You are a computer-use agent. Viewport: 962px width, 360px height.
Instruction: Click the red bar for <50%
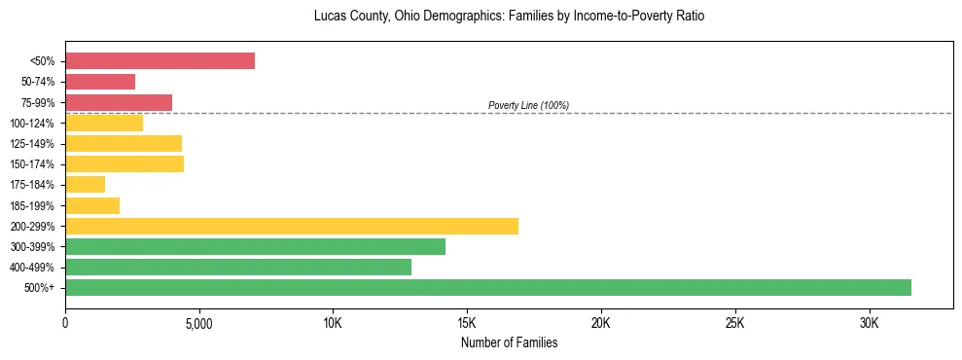click(160, 61)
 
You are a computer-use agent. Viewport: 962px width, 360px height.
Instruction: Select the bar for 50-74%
click(100, 82)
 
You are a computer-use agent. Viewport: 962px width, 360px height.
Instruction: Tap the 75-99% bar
click(119, 102)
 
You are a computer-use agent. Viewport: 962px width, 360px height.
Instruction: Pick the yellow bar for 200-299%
click(292, 227)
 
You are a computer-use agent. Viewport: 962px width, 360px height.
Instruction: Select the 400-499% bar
click(238, 268)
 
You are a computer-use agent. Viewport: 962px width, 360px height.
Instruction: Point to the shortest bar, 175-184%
click(85, 185)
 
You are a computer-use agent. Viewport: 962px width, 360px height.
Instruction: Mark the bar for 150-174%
click(125, 164)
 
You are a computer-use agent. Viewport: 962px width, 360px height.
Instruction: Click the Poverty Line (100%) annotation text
click(528, 105)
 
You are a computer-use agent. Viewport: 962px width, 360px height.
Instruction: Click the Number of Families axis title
click(509, 342)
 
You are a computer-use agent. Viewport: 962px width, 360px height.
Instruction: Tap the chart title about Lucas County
click(509, 17)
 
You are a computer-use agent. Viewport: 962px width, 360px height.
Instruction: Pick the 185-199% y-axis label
click(35, 206)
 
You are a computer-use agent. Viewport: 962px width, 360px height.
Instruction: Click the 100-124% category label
click(35, 124)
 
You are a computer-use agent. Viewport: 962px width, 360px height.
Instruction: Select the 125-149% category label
click(35, 144)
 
